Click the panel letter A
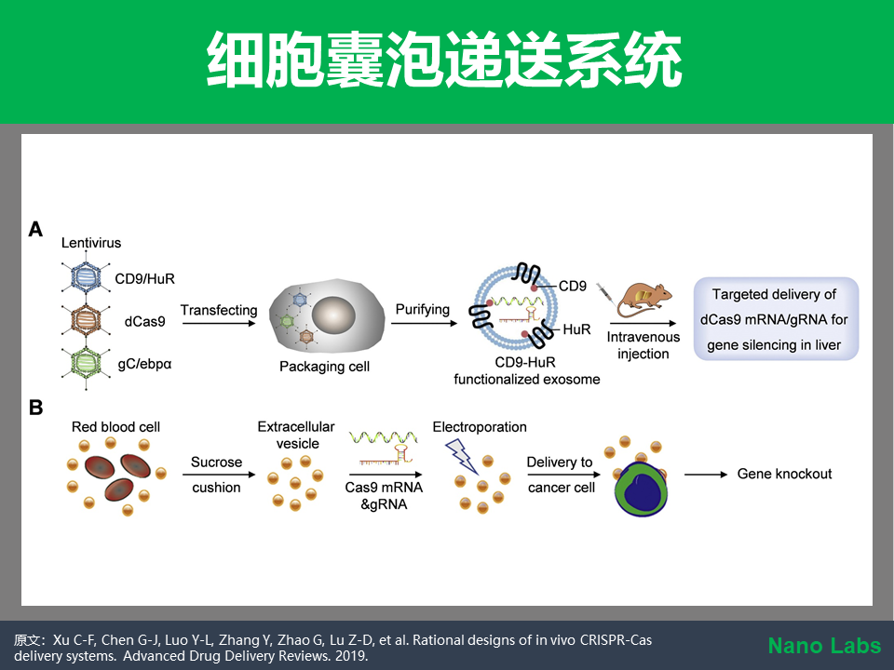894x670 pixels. click(x=35, y=229)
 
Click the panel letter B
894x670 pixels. click(x=35, y=408)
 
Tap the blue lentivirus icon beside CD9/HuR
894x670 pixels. click(x=86, y=277)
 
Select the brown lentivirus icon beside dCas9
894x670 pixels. click(x=86, y=320)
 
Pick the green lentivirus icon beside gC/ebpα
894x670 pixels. click(x=86, y=362)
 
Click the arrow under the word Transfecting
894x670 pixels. click(x=219, y=324)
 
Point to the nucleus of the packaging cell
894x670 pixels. click(x=333, y=315)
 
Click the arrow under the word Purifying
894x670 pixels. click(x=425, y=324)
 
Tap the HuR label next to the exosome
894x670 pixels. click(x=576, y=329)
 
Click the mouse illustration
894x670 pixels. click(x=644, y=301)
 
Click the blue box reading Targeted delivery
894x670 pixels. click(x=776, y=318)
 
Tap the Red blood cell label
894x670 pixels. click(x=115, y=427)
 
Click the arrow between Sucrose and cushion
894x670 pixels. click(x=219, y=475)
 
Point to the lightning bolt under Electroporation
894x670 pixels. click(x=461, y=456)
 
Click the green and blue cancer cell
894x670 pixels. click(x=642, y=489)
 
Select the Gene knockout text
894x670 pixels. click(x=784, y=474)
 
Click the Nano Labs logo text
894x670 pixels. click(x=824, y=646)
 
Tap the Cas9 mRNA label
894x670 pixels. click(x=384, y=488)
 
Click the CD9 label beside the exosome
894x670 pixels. click(x=573, y=286)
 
